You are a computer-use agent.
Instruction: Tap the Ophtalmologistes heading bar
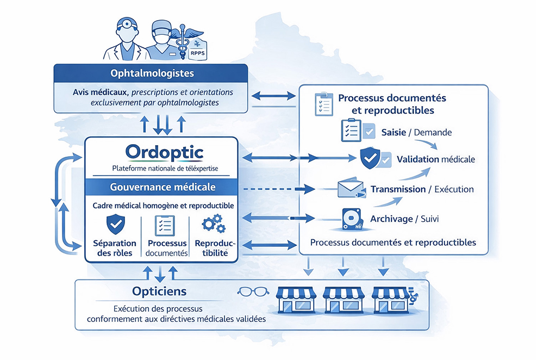(152, 73)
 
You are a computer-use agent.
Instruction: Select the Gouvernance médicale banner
(162, 187)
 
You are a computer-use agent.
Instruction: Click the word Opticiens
(159, 291)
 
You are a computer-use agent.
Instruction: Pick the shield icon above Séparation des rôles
(115, 223)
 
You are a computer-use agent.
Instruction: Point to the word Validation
(417, 159)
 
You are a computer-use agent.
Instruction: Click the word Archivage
(391, 219)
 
